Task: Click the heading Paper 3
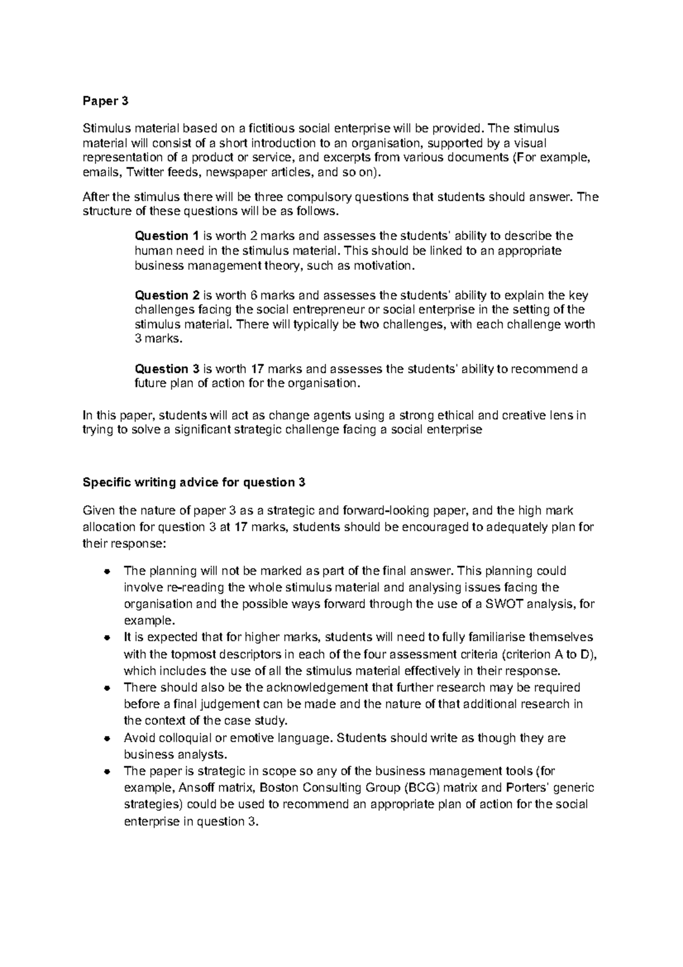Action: click(x=106, y=101)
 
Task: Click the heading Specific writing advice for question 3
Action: click(x=194, y=482)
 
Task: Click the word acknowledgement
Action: click(x=318, y=687)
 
